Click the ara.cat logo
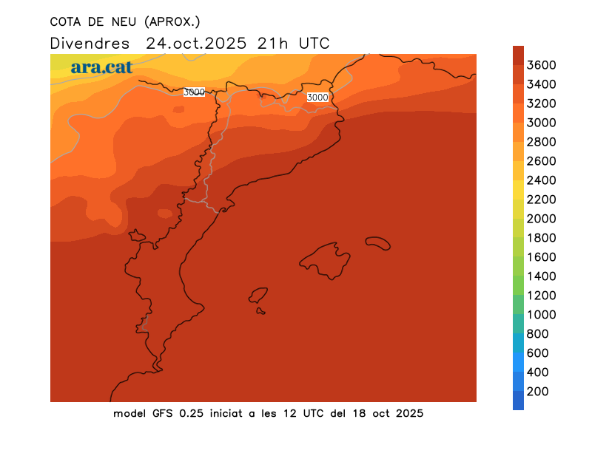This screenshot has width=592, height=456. coord(101,67)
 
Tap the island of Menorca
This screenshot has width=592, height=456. coord(377,242)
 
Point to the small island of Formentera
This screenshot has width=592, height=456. coord(260,310)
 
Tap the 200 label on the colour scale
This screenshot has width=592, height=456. coord(537,392)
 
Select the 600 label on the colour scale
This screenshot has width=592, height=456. coord(537,353)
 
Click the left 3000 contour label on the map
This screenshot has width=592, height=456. coord(194,92)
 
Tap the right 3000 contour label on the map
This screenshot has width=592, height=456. coord(317,97)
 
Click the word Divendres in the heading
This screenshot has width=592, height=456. coord(90,43)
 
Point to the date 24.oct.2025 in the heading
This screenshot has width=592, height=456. coord(196,43)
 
